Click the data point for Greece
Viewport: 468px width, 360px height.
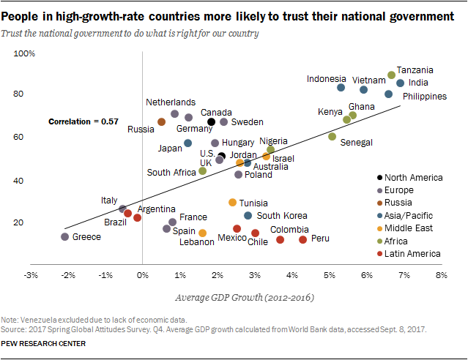click(65, 236)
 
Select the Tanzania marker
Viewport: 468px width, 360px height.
click(392, 75)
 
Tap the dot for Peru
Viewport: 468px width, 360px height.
click(303, 239)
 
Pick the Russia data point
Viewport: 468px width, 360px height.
click(161, 121)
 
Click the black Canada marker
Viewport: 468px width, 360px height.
click(212, 121)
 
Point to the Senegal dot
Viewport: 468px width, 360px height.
click(333, 136)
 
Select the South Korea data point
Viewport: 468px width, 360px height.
click(248, 215)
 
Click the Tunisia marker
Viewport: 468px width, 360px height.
click(233, 202)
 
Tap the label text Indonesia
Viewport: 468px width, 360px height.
click(327, 79)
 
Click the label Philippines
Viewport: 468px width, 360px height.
click(426, 96)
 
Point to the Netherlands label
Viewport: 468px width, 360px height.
click(171, 102)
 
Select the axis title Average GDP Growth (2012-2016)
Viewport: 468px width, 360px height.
click(236, 298)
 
